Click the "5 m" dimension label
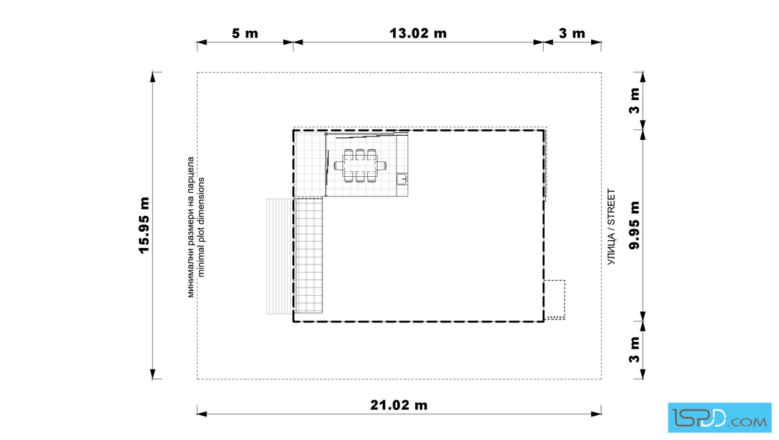click(x=245, y=33)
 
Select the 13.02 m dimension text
click(x=418, y=33)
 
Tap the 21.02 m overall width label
click(x=399, y=405)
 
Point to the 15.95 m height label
click(x=144, y=225)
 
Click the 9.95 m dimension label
click(x=634, y=225)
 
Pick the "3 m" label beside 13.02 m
click(x=572, y=33)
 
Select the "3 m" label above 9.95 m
click(x=634, y=101)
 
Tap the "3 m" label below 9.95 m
click(x=634, y=350)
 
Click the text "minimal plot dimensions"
click(x=201, y=227)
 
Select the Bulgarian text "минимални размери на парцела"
click(x=191, y=227)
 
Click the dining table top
click(x=360, y=166)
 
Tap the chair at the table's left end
click(x=339, y=166)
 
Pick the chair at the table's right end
click(x=381, y=166)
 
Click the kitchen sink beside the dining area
click(x=403, y=178)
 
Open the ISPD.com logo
click(x=719, y=418)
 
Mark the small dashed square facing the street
click(x=554, y=300)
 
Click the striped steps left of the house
click(x=280, y=256)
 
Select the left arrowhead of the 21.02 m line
click(x=202, y=413)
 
